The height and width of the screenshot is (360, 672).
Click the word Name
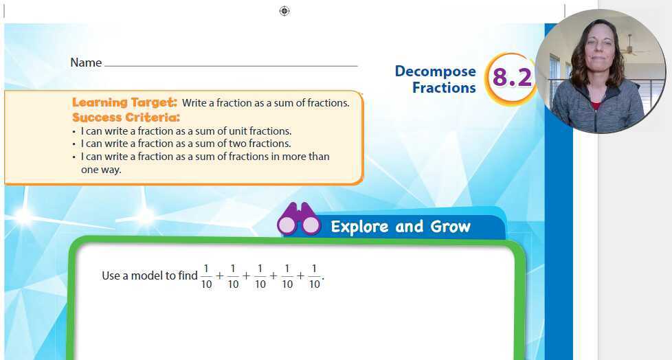(86, 63)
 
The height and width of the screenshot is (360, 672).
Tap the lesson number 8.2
(513, 78)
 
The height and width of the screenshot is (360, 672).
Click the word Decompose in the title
(435, 71)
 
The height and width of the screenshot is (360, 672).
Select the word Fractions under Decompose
(444, 88)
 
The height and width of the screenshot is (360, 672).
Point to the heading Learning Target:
(124, 102)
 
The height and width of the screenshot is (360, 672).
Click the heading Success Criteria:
(126, 117)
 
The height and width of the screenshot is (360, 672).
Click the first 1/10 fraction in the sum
(206, 276)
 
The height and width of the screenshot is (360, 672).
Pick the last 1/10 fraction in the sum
(314, 276)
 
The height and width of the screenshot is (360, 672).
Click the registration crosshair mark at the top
(284, 10)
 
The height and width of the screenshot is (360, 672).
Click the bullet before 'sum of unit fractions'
(74, 131)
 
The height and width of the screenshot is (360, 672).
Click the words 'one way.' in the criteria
(101, 169)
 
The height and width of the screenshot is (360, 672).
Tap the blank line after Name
(230, 65)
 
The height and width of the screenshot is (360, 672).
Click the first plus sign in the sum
(220, 276)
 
